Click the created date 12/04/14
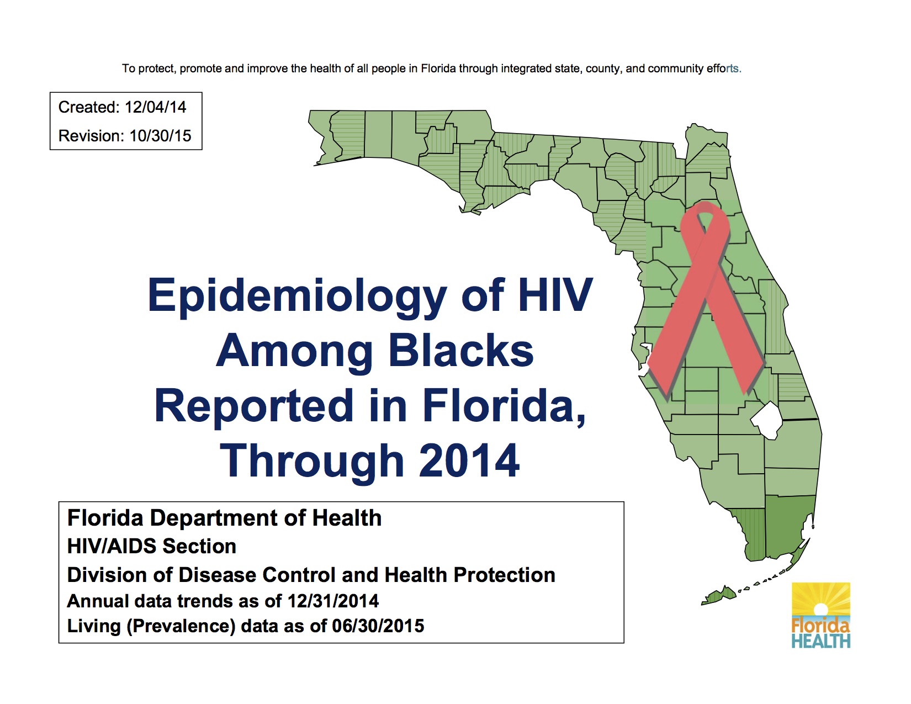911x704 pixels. (155, 107)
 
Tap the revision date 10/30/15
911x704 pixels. (160, 136)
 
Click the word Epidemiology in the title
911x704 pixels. (297, 296)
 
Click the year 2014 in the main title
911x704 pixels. (469, 461)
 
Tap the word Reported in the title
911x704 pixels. (254, 406)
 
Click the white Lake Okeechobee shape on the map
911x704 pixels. (767, 420)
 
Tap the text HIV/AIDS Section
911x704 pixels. (152, 547)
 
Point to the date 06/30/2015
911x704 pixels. (378, 626)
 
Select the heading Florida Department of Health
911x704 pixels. (224, 518)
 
